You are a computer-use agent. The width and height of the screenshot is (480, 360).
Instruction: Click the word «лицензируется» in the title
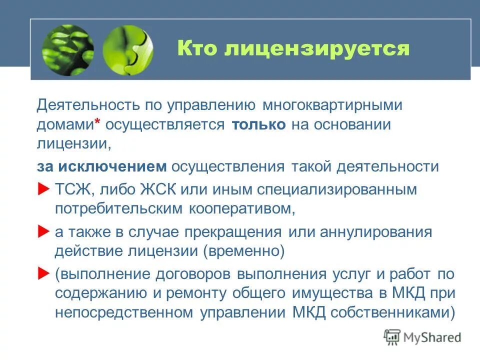tap(317, 49)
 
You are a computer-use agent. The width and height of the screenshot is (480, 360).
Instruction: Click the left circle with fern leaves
tap(68, 50)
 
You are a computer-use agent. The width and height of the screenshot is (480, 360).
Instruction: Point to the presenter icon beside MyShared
tap(392, 337)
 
